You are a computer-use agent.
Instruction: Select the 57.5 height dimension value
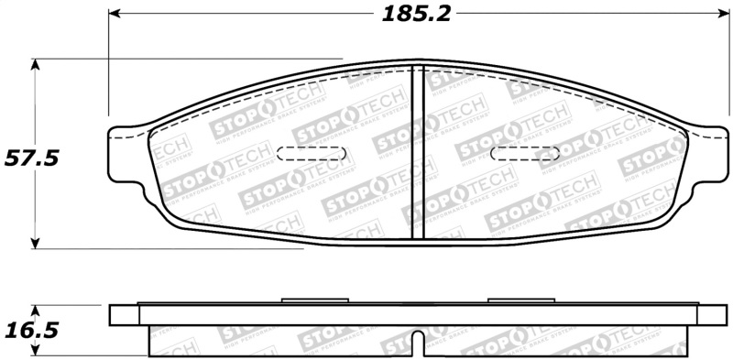[32, 158]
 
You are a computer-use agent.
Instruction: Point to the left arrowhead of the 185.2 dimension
[114, 15]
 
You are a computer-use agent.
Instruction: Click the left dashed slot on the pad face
[312, 154]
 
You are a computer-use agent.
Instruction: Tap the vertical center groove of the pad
[417, 151]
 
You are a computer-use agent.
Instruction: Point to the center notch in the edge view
[417, 343]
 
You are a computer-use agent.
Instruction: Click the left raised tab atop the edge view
[313, 300]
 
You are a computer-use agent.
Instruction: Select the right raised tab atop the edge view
[520, 300]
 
